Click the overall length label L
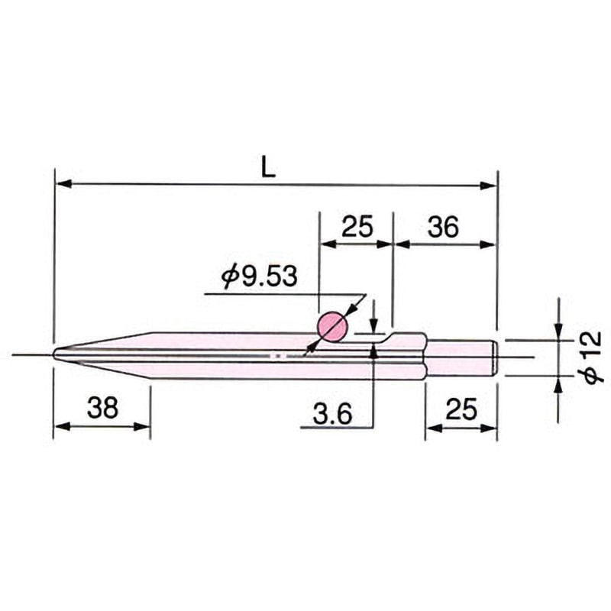(268, 168)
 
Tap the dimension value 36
(443, 227)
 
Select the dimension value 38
(102, 408)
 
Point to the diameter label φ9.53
(260, 276)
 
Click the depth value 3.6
(333, 414)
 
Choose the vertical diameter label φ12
(594, 357)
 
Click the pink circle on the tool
(332, 328)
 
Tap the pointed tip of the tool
(53, 354)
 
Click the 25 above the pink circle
(357, 226)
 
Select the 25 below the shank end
(461, 409)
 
